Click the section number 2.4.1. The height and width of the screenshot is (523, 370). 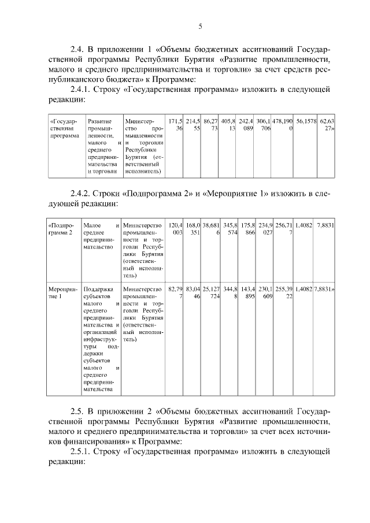pyautogui.click(x=83, y=90)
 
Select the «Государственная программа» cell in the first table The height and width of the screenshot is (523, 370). pyautogui.click(x=65, y=130)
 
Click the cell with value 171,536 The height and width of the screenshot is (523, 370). pyautogui.click(x=175, y=125)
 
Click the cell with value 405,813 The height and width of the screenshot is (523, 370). pyautogui.click(x=228, y=125)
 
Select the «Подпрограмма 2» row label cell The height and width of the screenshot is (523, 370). pyautogui.click(x=62, y=228)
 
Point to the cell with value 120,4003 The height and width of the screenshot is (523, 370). pyautogui.click(x=175, y=228)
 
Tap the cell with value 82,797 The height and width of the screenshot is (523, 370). pyautogui.click(x=175, y=292)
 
